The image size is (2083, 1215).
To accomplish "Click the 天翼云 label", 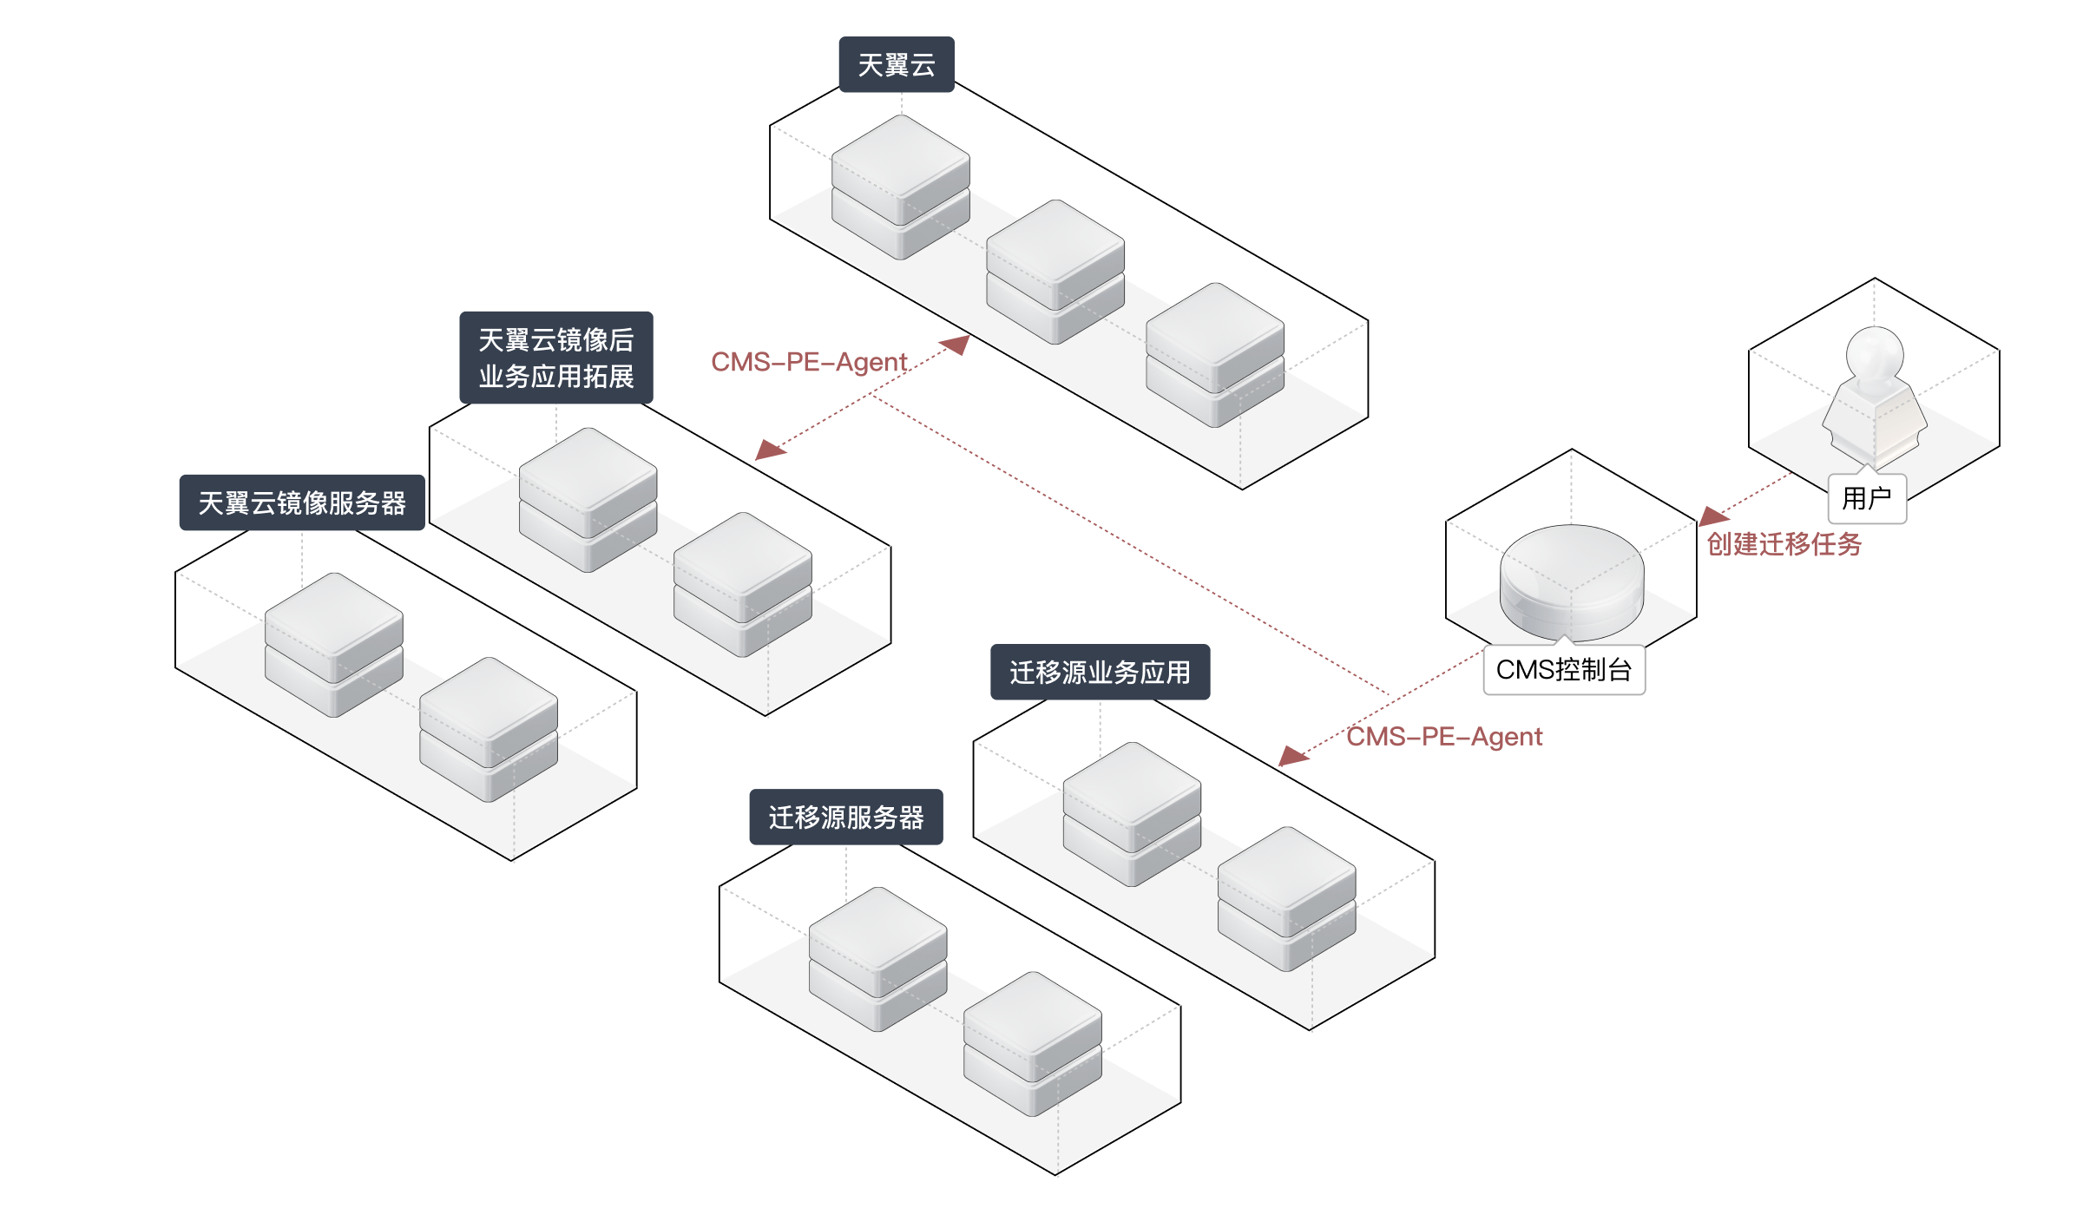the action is [897, 64].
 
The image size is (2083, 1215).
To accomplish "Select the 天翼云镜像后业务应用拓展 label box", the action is [556, 358].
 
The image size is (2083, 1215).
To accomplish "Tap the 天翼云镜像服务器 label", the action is [302, 502].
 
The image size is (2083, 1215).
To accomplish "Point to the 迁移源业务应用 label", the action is [1101, 672].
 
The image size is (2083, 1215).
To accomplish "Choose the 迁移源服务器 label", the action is [846, 817].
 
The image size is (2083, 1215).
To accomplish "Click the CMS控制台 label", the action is [1564, 669].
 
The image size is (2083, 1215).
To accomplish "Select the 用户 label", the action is [1867, 498].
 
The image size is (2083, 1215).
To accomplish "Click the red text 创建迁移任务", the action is [1784, 544].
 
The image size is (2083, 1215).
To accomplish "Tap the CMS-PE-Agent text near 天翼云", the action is [809, 362].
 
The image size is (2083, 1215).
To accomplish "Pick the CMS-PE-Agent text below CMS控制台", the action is [1444, 737].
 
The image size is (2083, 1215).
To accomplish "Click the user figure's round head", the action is [1875, 355].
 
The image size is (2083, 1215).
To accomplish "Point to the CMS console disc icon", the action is [1572, 581].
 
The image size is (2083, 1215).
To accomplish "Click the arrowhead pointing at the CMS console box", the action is [1713, 516].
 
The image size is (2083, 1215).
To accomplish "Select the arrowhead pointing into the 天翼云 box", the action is [956, 345].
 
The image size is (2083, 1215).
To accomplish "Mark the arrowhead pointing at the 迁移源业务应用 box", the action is [1293, 756].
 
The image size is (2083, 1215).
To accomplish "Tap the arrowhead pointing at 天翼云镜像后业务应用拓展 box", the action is [770, 449].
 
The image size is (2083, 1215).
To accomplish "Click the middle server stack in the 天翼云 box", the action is [1055, 272].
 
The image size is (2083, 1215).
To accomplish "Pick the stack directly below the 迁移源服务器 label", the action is [877, 959].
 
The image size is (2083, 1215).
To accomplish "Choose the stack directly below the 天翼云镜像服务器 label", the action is [334, 645].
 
